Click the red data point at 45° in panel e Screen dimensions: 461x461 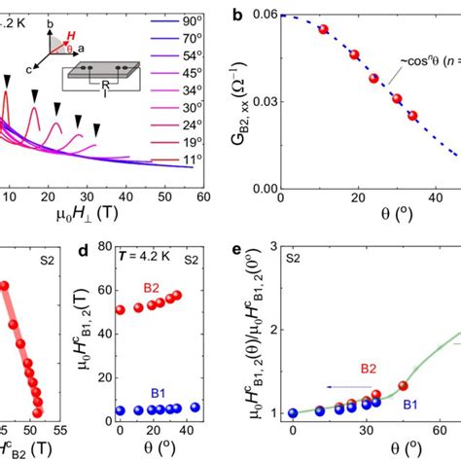point(403,386)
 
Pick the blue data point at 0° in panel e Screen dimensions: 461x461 point(293,412)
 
